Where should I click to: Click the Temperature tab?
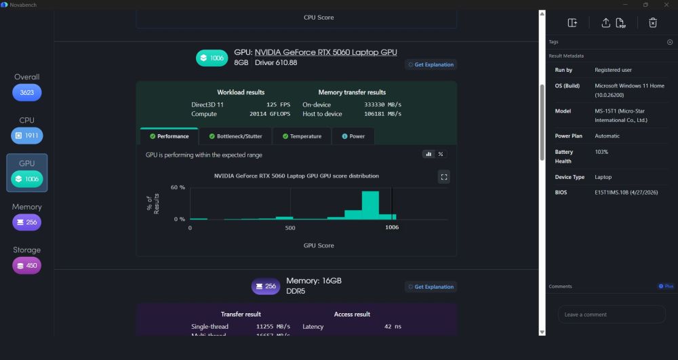point(302,136)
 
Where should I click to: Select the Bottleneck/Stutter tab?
point(235,136)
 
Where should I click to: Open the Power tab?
point(353,136)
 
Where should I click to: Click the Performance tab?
point(169,136)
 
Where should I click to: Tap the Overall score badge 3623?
point(27,92)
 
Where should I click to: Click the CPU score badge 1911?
point(27,136)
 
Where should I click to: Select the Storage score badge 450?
point(27,265)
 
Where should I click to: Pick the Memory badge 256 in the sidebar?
point(27,222)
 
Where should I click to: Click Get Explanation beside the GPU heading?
point(431,64)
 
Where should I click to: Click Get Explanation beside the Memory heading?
point(431,287)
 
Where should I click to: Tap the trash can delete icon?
point(653,23)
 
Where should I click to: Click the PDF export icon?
point(620,23)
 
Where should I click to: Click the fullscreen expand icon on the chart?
point(444,177)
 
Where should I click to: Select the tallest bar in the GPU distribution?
point(370,205)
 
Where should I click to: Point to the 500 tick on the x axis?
point(290,228)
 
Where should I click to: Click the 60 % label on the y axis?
point(178,188)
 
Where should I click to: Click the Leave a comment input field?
point(612,315)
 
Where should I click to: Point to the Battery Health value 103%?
point(601,152)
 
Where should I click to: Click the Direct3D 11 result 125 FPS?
point(278,104)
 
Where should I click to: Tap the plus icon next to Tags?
point(670,42)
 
